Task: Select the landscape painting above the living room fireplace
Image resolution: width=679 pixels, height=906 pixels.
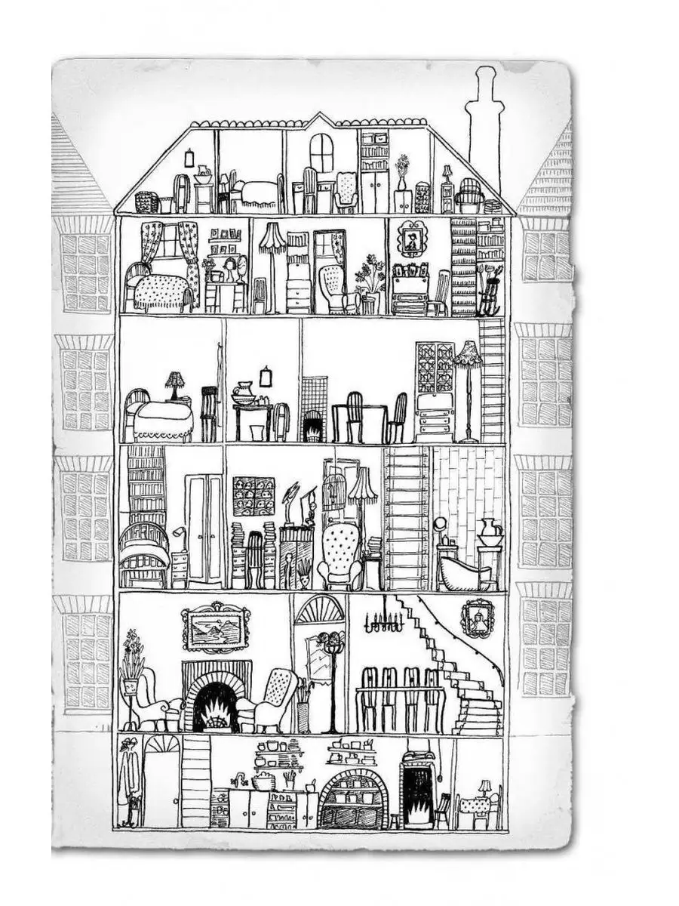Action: coord(215,628)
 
